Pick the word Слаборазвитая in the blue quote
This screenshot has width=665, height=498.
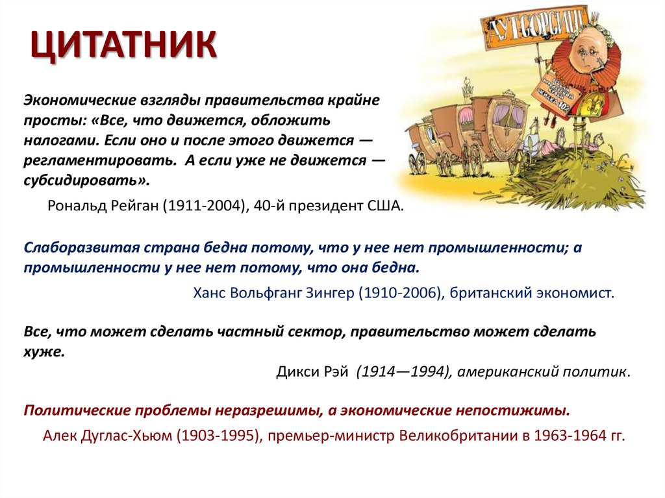coord(77,248)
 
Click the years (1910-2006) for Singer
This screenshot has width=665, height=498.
coord(401,292)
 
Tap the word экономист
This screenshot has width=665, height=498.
coord(575,292)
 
